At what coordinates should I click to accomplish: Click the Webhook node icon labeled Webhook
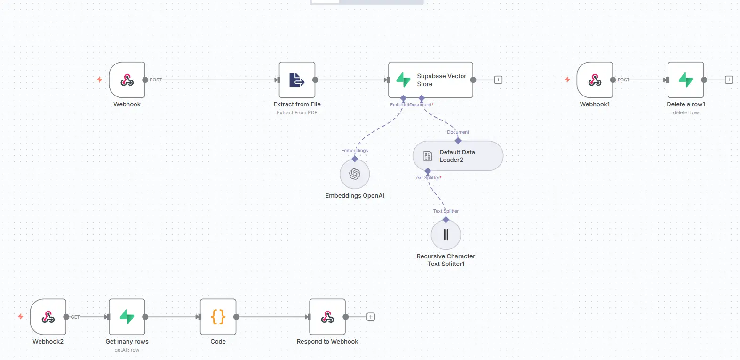[127, 80]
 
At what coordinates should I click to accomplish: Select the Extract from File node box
[297, 80]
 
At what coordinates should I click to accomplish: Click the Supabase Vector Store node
[430, 80]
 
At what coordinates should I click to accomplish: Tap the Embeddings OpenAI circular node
[355, 174]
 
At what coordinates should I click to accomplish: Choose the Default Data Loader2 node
[458, 156]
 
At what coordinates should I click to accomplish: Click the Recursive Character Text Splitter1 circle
[446, 235]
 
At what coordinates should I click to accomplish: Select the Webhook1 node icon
[595, 80]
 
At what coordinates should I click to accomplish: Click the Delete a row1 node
[686, 80]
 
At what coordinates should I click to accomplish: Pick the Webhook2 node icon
[48, 317]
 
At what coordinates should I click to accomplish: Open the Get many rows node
[127, 317]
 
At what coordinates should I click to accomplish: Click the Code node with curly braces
[218, 317]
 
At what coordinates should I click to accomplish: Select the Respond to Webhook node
[327, 317]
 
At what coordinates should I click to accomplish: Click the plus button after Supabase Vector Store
[498, 80]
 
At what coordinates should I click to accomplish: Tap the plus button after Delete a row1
[729, 80]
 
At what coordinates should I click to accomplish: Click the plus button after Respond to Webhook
[371, 317]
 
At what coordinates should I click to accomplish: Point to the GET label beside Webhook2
[75, 317]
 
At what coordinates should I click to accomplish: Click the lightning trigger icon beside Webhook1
[567, 80]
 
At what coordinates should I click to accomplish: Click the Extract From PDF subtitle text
[297, 113]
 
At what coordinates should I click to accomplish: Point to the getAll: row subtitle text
[127, 350]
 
